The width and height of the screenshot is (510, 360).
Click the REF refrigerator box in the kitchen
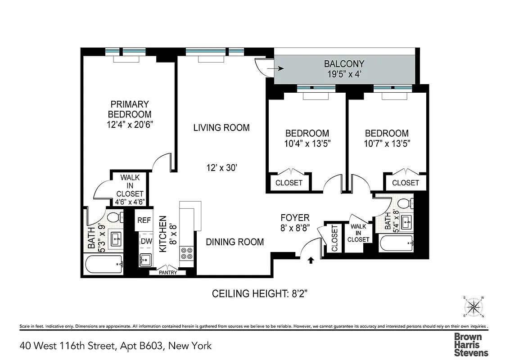pos(144,220)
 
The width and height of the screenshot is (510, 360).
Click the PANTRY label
pos(167,272)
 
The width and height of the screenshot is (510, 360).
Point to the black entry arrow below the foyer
pos(311,260)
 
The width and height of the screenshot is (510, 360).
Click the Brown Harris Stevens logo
pos(470,344)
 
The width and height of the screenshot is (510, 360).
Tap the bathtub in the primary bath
pos(104,264)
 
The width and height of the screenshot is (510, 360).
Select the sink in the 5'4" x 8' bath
pos(406,220)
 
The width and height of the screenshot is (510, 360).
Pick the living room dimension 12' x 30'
pos(221,168)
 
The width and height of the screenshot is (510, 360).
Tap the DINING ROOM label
pos(235,242)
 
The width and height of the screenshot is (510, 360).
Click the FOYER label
pos(295,218)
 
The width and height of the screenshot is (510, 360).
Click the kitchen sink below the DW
pos(145,260)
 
